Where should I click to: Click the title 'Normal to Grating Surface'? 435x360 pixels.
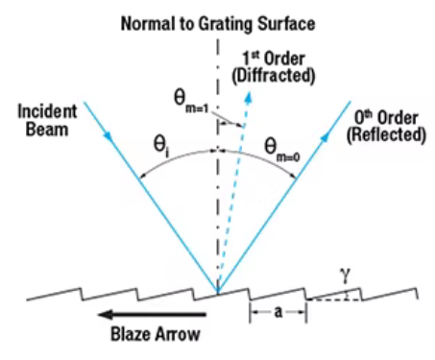tap(217, 21)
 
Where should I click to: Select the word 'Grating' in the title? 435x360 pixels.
tap(224, 21)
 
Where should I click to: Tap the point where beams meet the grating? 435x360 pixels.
tap(218, 292)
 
